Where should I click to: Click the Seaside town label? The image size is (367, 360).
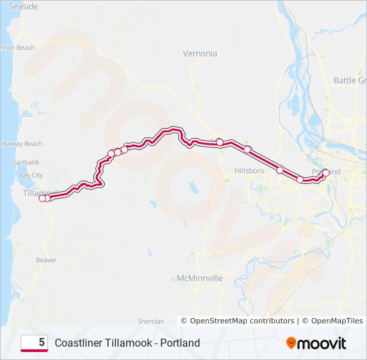coord(23,6)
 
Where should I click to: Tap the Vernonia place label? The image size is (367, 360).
coord(200,53)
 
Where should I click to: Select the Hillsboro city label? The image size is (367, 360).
coord(250,171)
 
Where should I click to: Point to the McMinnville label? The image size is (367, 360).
coord(200,278)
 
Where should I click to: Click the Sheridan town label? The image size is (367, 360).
coord(151,321)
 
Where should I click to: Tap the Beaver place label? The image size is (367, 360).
coord(47,260)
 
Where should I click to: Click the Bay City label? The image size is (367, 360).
coord(31,175)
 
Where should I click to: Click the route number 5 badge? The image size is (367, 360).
coord(34,343)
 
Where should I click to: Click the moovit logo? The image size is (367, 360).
coord(316,343)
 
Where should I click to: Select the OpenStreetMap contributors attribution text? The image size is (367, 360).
coord(243,321)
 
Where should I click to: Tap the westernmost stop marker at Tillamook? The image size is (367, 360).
coord(42,198)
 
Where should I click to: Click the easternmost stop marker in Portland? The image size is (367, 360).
coord(326,173)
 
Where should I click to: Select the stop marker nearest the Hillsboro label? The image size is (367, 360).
coord(280,170)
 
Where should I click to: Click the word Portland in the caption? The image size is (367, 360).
coord(178,343)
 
